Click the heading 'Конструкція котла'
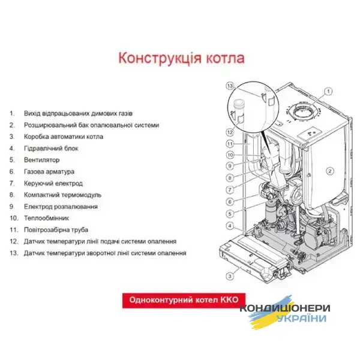click(x=181, y=58)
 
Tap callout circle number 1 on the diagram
click(x=328, y=92)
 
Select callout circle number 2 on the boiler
click(x=329, y=171)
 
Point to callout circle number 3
click(x=229, y=276)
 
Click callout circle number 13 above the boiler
click(x=229, y=86)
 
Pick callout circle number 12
click(x=229, y=131)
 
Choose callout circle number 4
click(x=229, y=226)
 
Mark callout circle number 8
click(x=229, y=178)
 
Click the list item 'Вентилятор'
click(x=42, y=160)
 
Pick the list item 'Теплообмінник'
click(x=47, y=218)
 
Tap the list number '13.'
click(x=14, y=253)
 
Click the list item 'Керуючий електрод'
click(x=53, y=184)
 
